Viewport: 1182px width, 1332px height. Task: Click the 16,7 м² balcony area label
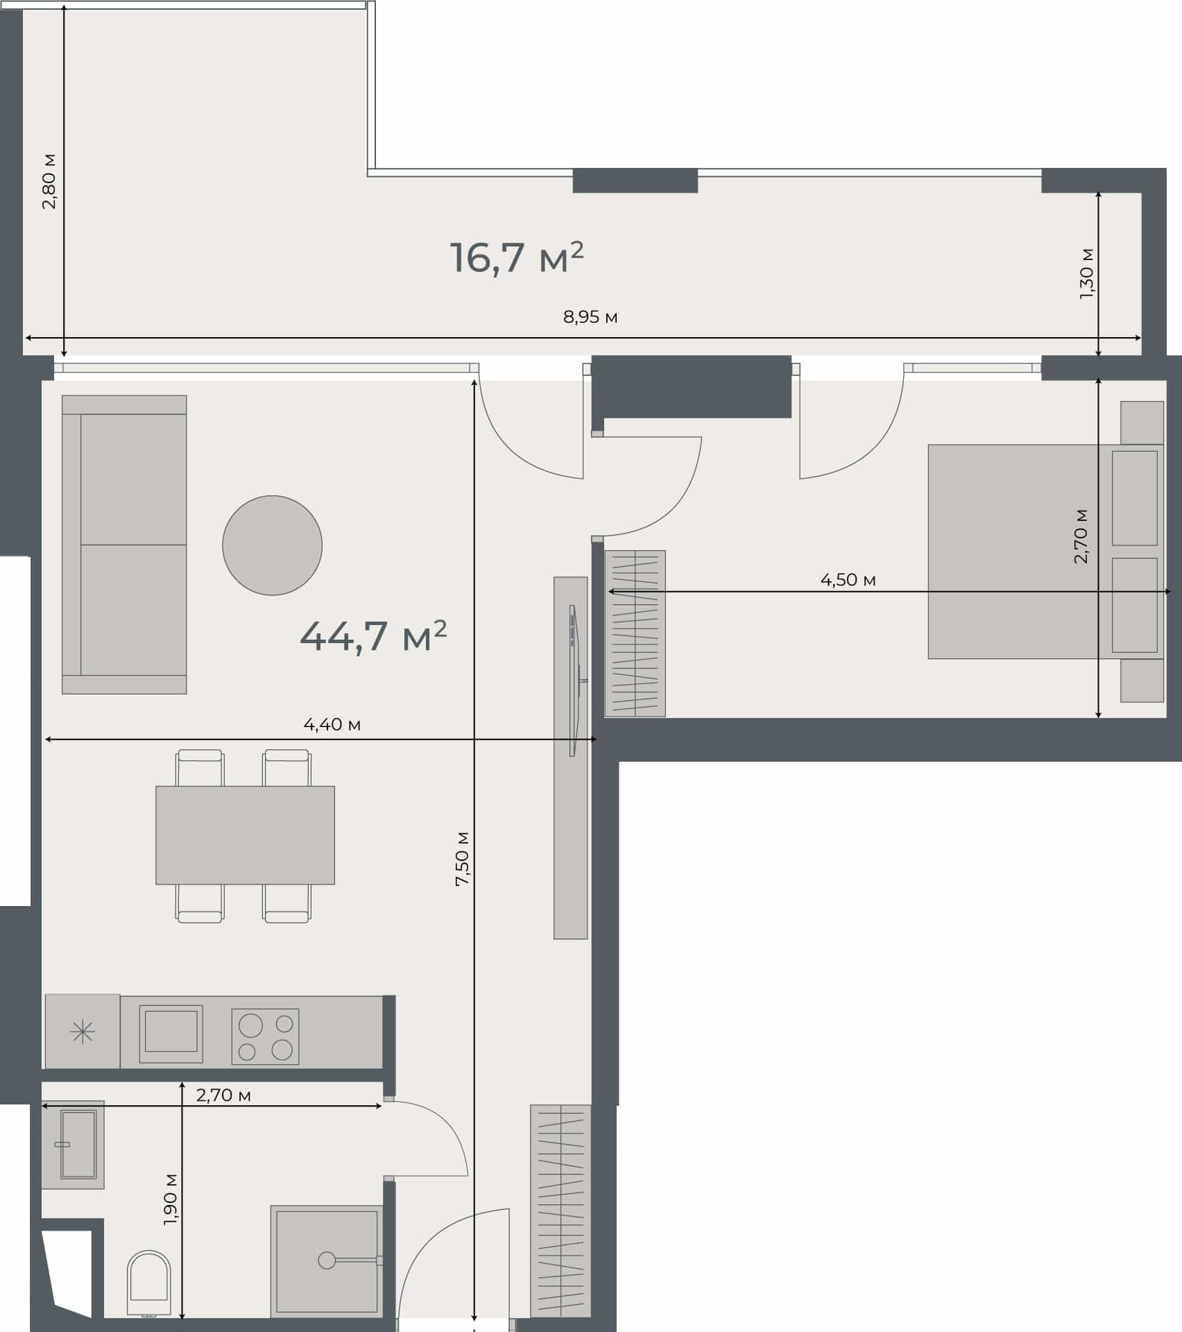tap(517, 257)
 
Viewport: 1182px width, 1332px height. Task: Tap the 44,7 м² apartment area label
tap(373, 635)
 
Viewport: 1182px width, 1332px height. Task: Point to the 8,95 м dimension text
tap(590, 317)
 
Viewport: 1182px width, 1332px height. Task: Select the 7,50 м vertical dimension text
tap(462, 858)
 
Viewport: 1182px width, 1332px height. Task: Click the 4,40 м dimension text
tap(332, 724)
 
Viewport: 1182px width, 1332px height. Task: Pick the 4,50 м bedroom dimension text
tap(848, 579)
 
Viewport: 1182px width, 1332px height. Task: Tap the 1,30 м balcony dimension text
tap(1086, 273)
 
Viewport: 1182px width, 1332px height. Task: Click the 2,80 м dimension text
tap(49, 181)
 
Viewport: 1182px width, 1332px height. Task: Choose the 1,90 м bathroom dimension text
tap(171, 1199)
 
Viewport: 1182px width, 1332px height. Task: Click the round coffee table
tap(272, 545)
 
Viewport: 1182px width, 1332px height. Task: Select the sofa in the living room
tap(124, 545)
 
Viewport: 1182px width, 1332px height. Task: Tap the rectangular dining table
tap(245, 835)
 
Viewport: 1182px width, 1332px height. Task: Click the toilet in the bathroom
tap(149, 1283)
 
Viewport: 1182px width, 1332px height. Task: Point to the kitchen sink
tap(171, 1034)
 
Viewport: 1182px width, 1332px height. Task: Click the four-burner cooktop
tap(265, 1036)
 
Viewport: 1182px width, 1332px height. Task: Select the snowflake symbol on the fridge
tap(83, 1033)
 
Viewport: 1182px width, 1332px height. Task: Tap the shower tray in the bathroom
tap(327, 1260)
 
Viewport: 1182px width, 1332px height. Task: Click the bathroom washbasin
tap(74, 1145)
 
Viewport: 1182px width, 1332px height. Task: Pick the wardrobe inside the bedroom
tap(635, 633)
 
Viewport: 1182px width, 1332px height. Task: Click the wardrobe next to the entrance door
tap(560, 1211)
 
